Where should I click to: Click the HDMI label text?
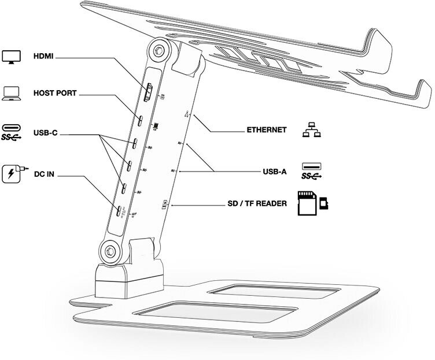45,57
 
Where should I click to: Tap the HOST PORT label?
55,92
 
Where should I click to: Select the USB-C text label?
45,133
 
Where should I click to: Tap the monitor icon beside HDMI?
12,57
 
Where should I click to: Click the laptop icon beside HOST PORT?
12,92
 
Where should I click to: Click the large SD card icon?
307,203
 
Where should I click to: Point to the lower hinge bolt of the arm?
110,250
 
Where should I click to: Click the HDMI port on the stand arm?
148,92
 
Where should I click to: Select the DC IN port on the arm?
119,211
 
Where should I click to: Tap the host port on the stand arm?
141,122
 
